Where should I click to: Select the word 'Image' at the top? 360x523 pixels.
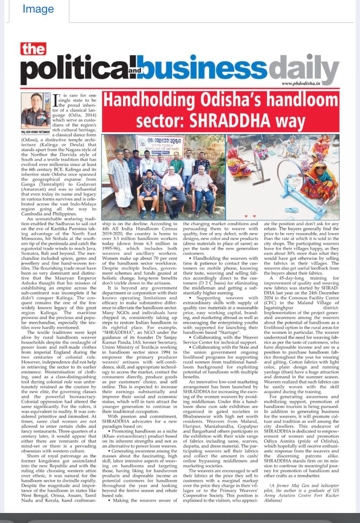pyautogui.click(x=38, y=9)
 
